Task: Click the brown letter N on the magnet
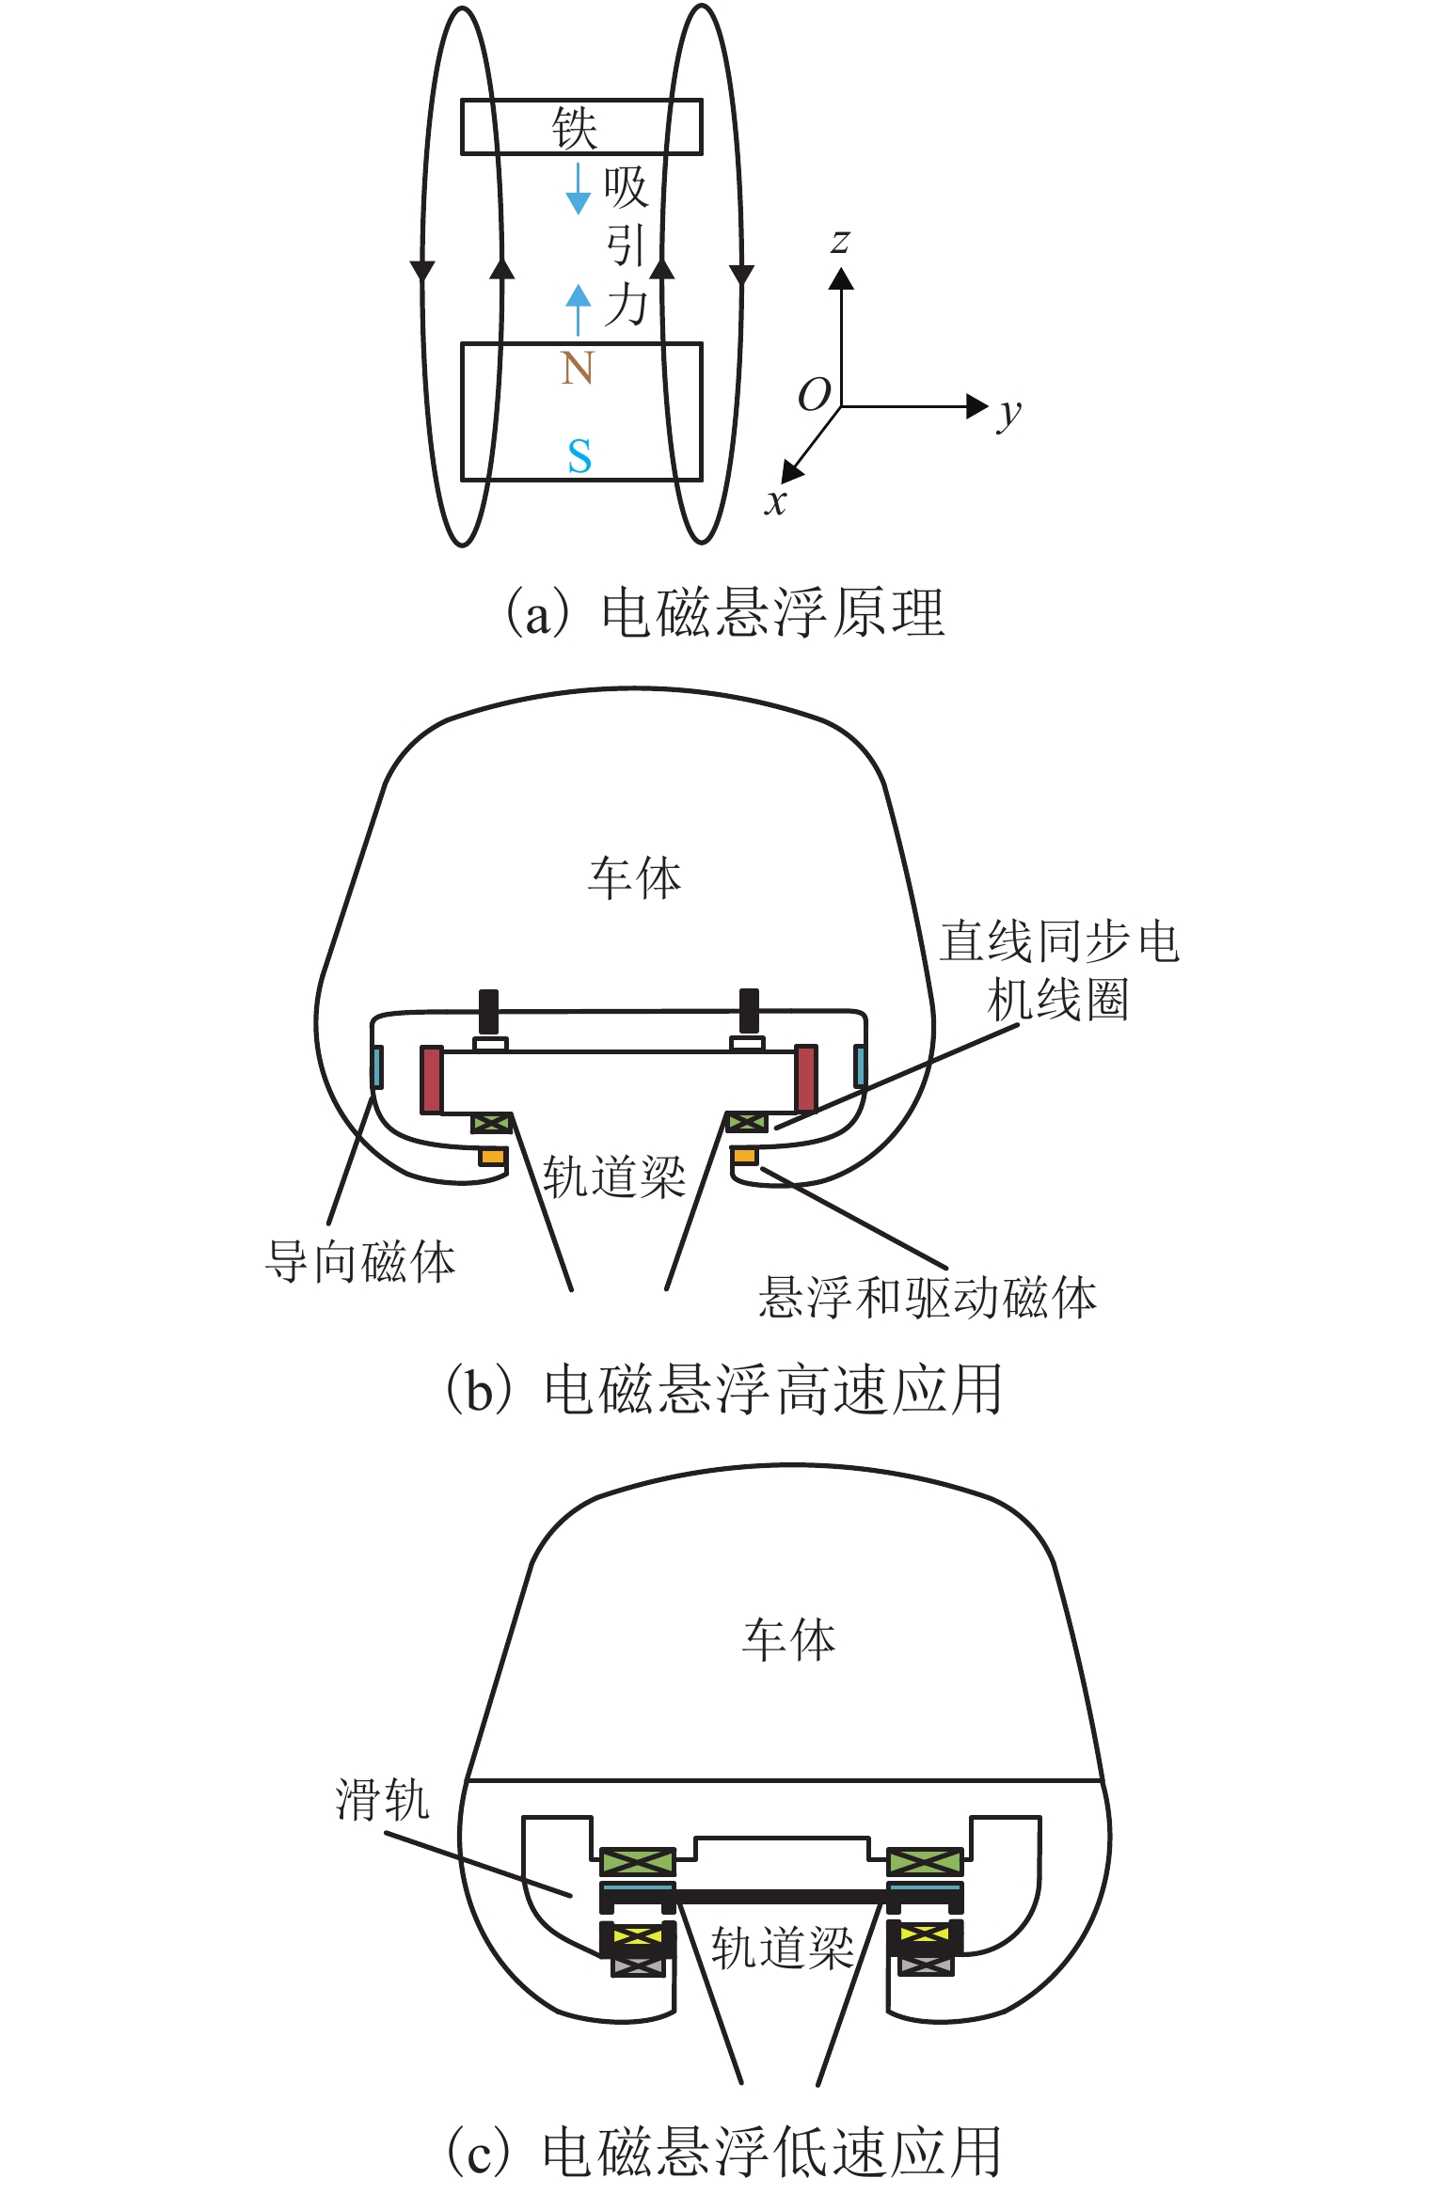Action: coord(578,368)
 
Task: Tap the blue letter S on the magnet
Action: coord(579,456)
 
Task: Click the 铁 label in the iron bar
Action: coord(575,128)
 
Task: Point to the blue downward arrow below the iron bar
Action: coord(578,189)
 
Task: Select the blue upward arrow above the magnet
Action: coord(578,308)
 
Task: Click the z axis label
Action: coord(840,242)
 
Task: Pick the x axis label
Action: coord(775,501)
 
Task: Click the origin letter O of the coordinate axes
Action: coord(814,395)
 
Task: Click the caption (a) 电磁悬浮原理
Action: coord(724,613)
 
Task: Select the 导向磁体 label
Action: coord(360,1262)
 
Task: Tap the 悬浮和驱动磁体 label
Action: coord(928,1298)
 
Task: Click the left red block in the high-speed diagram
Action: coord(432,1080)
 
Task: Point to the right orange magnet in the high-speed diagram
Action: coord(745,1155)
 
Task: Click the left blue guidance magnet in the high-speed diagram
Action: coord(377,1067)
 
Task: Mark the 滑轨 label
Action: coord(383,1800)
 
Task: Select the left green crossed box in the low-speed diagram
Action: coord(638,1861)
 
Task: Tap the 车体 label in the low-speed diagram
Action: coord(788,1641)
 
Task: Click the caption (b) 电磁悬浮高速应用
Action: coord(724,1390)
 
